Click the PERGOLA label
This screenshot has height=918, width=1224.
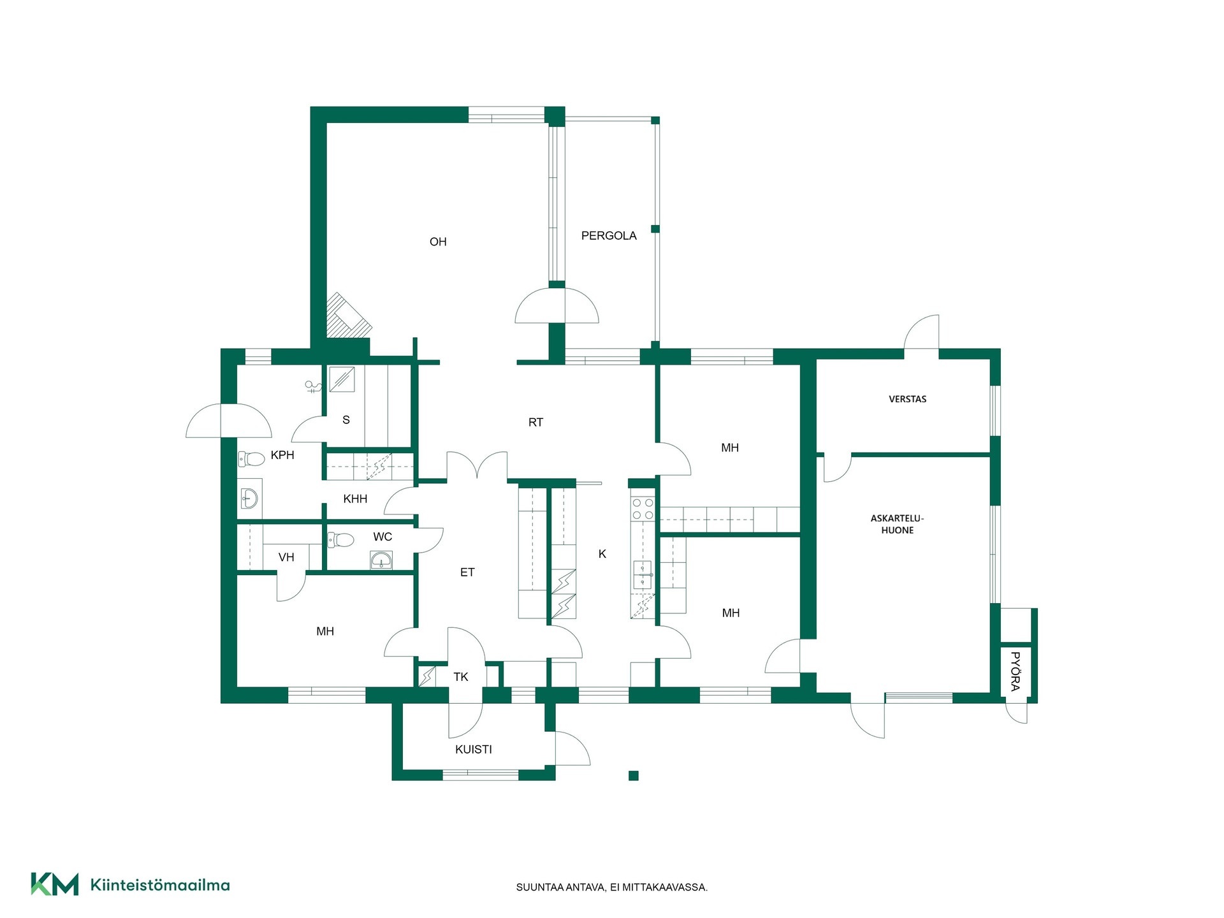[609, 236]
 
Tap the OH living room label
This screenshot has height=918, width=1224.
[438, 242]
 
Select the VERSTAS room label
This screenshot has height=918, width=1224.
[908, 399]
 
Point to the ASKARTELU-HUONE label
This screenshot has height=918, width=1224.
[898, 524]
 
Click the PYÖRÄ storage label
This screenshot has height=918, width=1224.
[1016, 671]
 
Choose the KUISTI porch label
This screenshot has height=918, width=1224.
[474, 750]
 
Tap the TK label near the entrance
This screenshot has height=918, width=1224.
[461, 677]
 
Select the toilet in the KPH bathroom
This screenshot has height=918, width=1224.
[252, 458]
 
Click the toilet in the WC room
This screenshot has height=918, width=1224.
[340, 540]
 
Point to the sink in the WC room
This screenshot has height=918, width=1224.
[381, 560]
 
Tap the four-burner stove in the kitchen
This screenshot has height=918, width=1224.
[643, 509]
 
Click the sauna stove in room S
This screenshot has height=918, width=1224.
[342, 379]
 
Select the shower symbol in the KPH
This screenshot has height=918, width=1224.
[312, 386]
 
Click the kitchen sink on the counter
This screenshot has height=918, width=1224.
[643, 574]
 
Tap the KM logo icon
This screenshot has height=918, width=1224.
[55, 884]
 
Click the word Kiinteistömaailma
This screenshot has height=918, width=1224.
[160, 885]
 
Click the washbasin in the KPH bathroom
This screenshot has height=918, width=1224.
[250, 497]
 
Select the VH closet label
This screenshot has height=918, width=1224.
[286, 558]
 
